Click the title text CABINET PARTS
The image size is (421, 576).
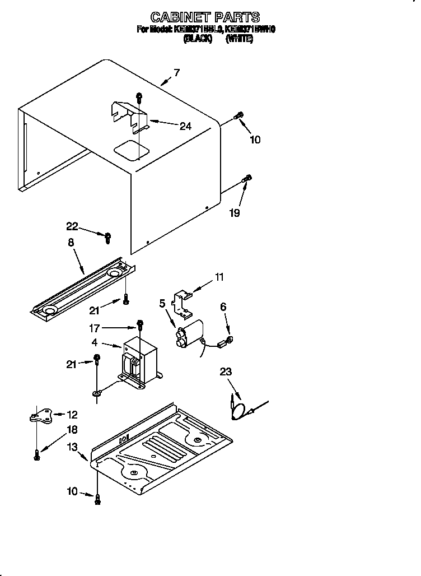tap(205, 17)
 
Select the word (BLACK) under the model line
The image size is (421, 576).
tap(198, 38)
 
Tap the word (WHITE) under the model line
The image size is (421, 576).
tap(240, 38)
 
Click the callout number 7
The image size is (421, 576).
tap(176, 72)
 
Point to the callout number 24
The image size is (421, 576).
tap(185, 126)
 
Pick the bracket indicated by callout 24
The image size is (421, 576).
tap(129, 114)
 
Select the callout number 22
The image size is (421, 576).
tap(72, 226)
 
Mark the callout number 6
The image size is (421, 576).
tap(223, 306)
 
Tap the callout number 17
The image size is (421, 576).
tap(95, 327)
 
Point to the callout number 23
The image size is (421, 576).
tap(226, 371)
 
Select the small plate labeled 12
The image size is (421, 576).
tap(42, 415)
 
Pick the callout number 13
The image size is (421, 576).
tap(72, 446)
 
